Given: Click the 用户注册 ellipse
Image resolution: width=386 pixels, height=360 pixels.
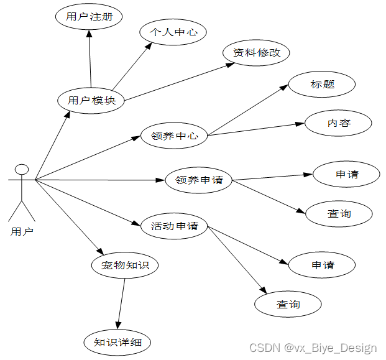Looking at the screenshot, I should point(89,17).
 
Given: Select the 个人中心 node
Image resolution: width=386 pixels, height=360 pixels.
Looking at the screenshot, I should point(173,32).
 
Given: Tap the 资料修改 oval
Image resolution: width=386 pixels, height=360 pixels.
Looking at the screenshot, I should point(257,53).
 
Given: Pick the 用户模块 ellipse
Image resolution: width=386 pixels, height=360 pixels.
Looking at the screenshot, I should point(91,100).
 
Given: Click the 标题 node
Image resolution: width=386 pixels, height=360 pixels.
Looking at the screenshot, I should point(322,84).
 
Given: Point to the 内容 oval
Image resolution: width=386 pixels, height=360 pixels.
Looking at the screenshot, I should point(339,122).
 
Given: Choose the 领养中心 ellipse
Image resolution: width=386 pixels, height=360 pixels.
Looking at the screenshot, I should point(174,136).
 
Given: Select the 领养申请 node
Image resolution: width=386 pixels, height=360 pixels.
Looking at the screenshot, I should point(199,180).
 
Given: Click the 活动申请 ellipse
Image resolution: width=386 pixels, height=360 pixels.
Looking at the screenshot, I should point(174,226).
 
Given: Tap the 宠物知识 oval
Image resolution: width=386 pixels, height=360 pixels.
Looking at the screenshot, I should point(125,265).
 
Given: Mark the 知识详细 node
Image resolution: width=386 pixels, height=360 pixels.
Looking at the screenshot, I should point(117,342).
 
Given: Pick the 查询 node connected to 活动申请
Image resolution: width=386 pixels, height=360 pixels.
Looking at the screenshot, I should point(288,304).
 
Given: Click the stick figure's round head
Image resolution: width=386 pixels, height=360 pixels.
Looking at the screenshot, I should point(22,169).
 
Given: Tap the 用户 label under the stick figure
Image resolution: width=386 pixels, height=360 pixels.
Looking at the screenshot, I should point(22,232).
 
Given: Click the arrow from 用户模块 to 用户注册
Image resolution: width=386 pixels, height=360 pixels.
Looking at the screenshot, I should point(90,59).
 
